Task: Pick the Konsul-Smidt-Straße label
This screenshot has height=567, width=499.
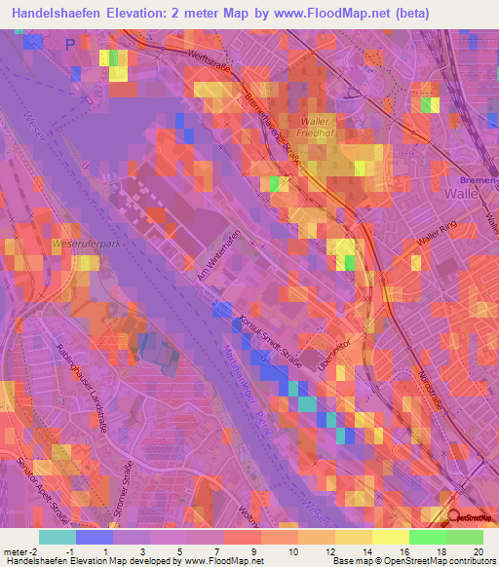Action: click(x=269, y=342)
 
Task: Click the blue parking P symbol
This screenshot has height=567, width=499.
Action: click(x=70, y=45)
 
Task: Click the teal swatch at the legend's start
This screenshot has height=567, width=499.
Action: click(x=57, y=537)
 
